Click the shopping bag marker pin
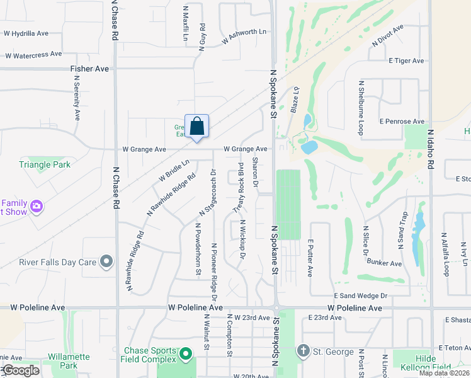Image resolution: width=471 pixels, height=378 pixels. tap(196, 126)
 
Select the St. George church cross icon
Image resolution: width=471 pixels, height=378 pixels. tap(303, 350)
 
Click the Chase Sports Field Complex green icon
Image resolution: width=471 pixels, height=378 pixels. tap(185, 355)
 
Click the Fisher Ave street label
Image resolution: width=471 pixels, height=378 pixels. tap(89, 69)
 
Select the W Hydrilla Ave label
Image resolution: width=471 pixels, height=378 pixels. tap(25, 33)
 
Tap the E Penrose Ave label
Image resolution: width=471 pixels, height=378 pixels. tap(402, 122)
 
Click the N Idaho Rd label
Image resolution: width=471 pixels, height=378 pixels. tap(430, 150)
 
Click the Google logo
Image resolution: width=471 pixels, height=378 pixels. tap(20, 370)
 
